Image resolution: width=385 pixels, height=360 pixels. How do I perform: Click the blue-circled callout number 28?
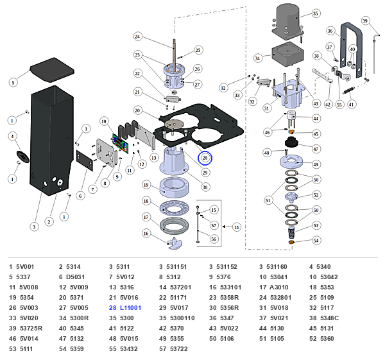[205, 158]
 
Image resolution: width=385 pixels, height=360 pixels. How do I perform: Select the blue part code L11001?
[131, 307]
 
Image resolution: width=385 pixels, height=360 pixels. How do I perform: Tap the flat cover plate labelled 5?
[52, 70]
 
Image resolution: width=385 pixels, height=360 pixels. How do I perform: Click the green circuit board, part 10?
[121, 143]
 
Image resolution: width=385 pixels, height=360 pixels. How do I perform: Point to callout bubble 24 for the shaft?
[137, 37]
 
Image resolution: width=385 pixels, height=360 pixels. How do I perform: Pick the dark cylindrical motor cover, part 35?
[288, 22]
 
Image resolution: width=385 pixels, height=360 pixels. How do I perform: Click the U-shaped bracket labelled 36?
[351, 49]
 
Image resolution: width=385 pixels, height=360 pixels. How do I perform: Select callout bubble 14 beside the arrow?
[236, 227]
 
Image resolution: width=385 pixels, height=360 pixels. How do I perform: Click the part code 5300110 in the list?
[182, 318]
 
